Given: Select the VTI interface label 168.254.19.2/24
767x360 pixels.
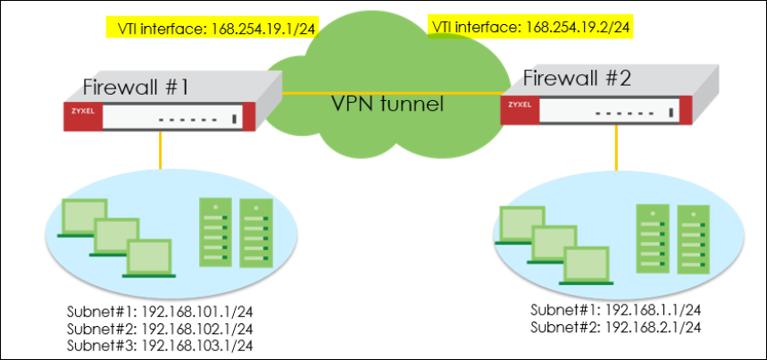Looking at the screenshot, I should (532, 28).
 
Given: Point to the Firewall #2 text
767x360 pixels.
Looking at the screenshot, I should (577, 79).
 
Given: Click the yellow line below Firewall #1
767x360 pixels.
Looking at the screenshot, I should (160, 151).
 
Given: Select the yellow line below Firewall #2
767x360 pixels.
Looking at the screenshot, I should (616, 147).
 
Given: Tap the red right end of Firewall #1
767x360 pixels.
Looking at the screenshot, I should (246, 118).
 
